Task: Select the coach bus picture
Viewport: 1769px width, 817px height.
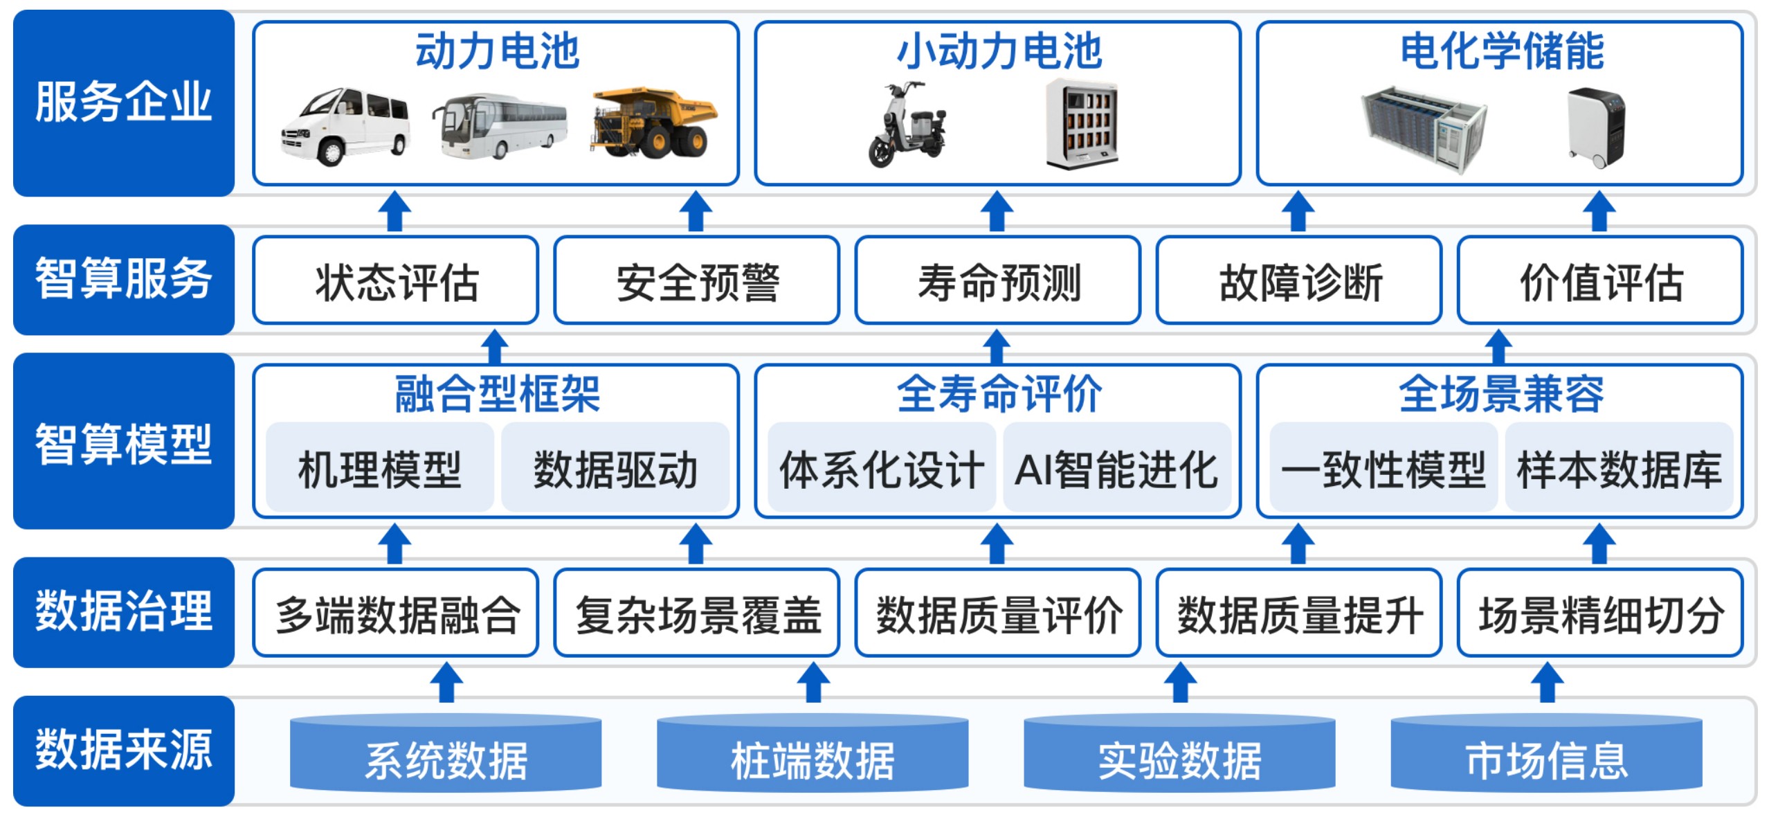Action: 499,127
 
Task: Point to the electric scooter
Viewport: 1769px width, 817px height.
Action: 906,125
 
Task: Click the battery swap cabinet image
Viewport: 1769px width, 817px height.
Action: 1082,125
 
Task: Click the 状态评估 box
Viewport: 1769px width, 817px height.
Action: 396,281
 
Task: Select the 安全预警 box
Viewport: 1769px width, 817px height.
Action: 697,281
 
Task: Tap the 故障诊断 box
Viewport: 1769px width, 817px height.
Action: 1299,281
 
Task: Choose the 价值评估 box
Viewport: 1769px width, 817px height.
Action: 1600,281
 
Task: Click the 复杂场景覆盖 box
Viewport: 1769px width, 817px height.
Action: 697,613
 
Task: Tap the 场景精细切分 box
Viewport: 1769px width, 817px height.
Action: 1600,613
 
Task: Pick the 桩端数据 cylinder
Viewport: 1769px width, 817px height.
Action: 813,756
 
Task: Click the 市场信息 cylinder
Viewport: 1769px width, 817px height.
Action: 1546,756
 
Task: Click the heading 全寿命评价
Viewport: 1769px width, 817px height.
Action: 998,394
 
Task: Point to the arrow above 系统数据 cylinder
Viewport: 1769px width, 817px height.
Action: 446,681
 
